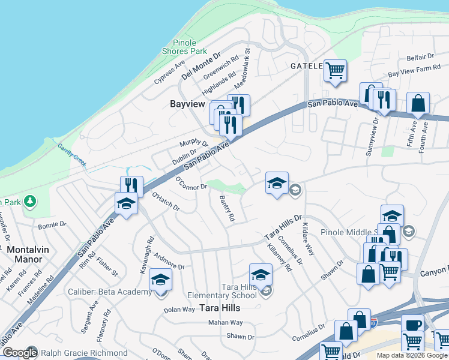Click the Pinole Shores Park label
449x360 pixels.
[190, 47]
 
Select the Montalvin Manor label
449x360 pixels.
[25, 254]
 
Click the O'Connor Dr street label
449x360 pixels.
[191, 183]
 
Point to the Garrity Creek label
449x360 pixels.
[73, 154]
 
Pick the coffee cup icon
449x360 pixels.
[412, 325]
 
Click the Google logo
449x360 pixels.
[20, 353]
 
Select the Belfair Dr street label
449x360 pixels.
[420, 57]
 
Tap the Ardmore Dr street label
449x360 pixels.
[169, 265]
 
